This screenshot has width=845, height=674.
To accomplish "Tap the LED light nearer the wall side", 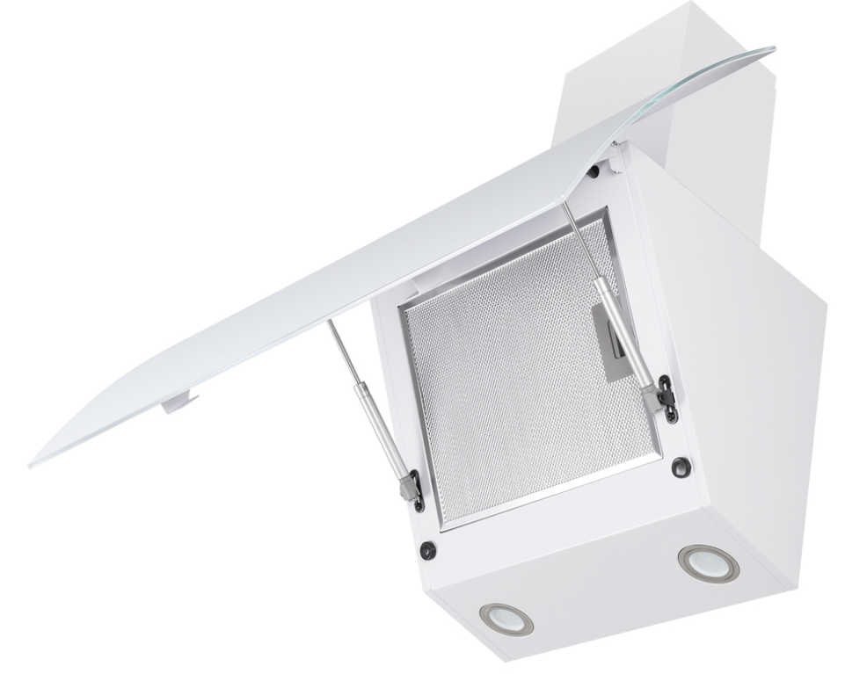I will click(x=708, y=562).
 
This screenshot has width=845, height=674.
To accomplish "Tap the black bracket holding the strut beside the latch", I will click(x=668, y=397).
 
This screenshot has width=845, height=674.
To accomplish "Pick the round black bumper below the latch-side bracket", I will click(x=681, y=467).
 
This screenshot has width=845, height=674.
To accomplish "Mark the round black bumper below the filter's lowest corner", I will click(x=428, y=551).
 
